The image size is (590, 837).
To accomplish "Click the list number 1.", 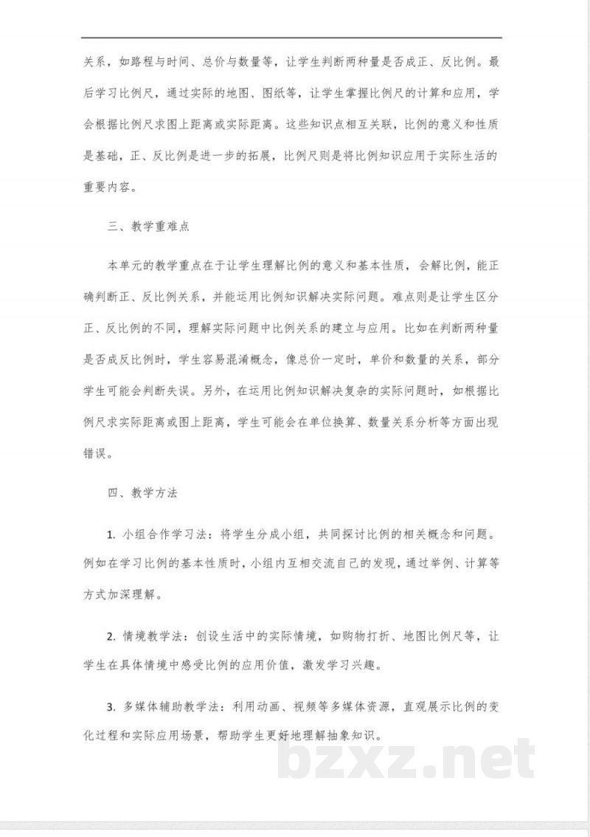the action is [x=111, y=534].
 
